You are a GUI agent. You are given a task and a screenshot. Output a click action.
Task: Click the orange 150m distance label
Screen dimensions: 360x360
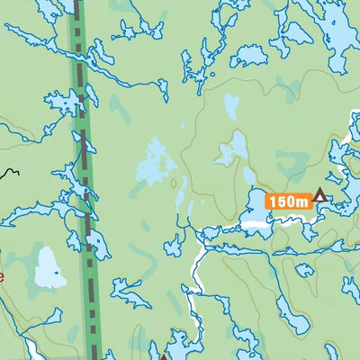[x=288, y=201]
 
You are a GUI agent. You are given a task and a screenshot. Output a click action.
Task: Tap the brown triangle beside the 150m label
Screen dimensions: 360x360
[x=319, y=195]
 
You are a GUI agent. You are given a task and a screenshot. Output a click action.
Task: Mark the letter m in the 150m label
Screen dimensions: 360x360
[x=303, y=202]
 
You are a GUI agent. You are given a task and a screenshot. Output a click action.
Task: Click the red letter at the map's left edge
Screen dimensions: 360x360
[x=2, y=275]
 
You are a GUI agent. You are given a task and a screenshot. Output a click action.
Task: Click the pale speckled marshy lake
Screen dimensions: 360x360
[x=156, y=162]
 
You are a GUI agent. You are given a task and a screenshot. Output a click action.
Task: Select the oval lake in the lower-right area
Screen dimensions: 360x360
[x=292, y=315]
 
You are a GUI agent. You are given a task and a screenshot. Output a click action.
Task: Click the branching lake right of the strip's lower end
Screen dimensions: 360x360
[x=130, y=292]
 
